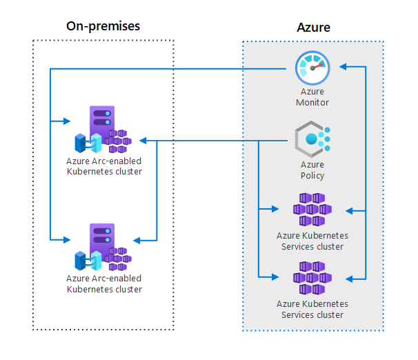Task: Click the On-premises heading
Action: coord(103,26)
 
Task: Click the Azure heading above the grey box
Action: coord(313,28)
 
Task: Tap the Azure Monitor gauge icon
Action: coord(312,68)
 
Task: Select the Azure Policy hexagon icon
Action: coord(312,140)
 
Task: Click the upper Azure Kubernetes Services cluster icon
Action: coord(312,209)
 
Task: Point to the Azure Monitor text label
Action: coord(312,97)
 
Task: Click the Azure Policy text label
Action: coord(312,170)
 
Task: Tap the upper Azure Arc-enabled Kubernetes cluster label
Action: coord(104,166)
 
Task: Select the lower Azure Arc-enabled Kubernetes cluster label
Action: coord(104,283)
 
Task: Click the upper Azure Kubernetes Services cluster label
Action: coord(312,241)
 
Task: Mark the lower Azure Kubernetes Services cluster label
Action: coord(312,309)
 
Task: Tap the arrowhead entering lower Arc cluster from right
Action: coord(137,240)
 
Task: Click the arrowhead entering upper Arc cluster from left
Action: coord(67,121)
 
